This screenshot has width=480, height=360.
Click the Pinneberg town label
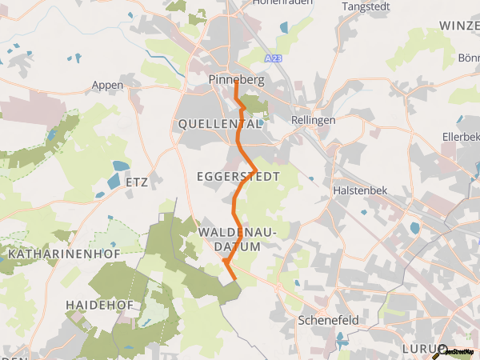pyautogui.click(x=236, y=80)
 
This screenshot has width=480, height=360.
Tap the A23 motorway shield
pyautogui.click(x=274, y=58)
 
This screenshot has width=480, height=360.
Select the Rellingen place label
pyautogui.click(x=314, y=120)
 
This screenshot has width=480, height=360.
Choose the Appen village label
pyautogui.click(x=107, y=86)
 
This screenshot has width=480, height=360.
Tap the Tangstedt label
pyautogui.click(x=365, y=6)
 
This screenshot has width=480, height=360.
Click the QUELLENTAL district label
pyautogui.click(x=220, y=124)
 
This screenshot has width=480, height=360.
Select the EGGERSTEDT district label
pyautogui.click(x=238, y=175)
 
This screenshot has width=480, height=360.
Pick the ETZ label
pyautogui.click(x=138, y=182)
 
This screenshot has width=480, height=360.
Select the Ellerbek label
pyautogui.click(x=460, y=136)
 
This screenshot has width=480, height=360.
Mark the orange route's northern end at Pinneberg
pyautogui.click(x=235, y=87)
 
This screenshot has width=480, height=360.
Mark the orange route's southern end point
pyautogui.click(x=235, y=280)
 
